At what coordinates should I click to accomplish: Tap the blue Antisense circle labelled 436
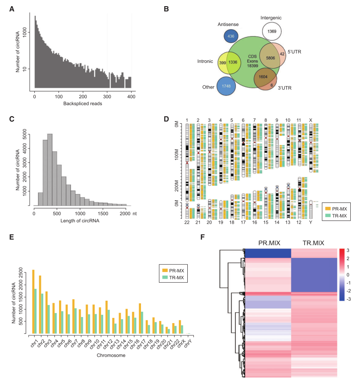231,36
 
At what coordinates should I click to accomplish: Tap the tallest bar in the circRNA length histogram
50,169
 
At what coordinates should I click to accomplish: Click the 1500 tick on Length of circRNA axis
103,214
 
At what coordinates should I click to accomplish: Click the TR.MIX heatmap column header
314,243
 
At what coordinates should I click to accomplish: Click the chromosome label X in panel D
311,120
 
